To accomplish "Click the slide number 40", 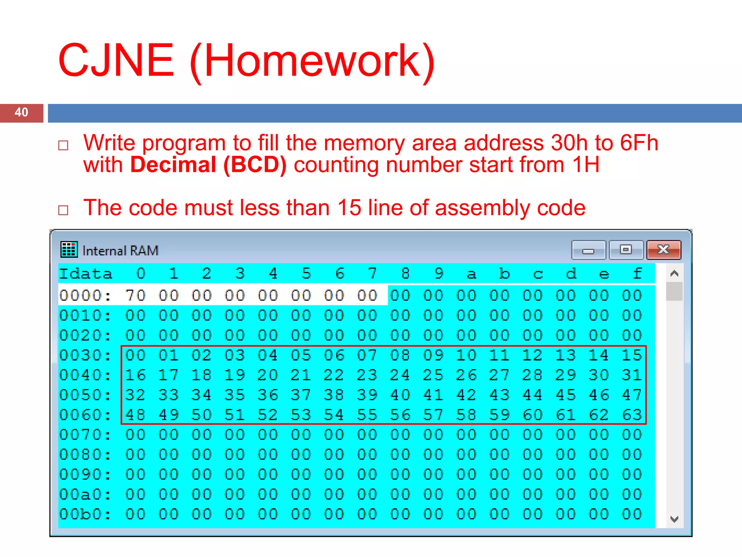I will (21, 112).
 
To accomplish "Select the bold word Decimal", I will (173, 165).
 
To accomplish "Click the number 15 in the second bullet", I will (349, 208).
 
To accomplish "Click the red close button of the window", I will (663, 250).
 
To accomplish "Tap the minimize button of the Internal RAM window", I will (588, 250).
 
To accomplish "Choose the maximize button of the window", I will (626, 250).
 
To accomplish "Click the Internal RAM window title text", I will (120, 251).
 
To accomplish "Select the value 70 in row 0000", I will (135, 296).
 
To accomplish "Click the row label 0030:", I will (86, 355).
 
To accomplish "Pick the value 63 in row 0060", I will (632, 415).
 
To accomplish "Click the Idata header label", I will (86, 274).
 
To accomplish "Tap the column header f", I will (637, 273).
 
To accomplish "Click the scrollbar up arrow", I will (674, 273).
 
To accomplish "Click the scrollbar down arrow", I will (674, 519).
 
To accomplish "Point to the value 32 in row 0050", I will (135, 395).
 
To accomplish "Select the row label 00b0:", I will (86, 514).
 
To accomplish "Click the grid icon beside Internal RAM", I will (69, 249).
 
